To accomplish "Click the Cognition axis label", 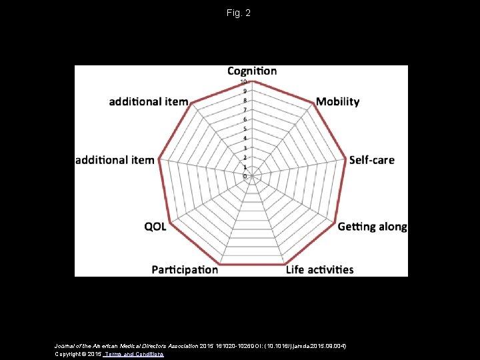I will click(252, 71).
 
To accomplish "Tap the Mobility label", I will click(337, 102).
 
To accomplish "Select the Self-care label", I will click(372, 160).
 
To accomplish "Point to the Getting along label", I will click(372, 227).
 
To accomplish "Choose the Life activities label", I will click(319, 269).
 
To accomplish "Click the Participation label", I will click(185, 269).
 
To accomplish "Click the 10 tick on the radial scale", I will click(245, 82).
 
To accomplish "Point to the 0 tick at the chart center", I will click(245, 176).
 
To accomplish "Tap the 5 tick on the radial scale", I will click(245, 129).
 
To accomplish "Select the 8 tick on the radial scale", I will click(245, 101).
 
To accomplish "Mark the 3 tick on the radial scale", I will click(245, 148).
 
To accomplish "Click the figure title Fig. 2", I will click(238, 13).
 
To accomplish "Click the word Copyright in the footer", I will click(69, 354).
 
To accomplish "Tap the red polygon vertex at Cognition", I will click(253, 81).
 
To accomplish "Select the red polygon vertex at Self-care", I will click(346, 160).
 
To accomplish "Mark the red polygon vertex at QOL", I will click(171, 223).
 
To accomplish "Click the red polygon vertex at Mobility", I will click(313, 103).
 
